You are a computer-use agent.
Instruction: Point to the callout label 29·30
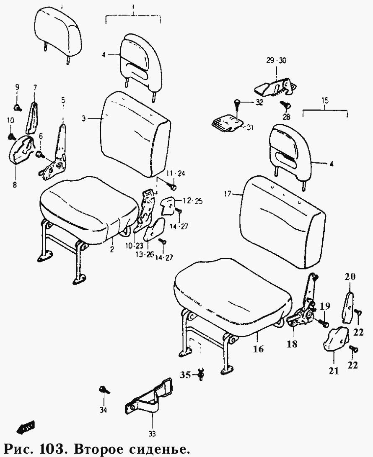[x=276, y=61]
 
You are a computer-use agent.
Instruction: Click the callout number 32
[x=259, y=103]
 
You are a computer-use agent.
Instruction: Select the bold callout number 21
[x=334, y=371]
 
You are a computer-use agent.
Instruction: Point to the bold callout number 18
[x=292, y=344]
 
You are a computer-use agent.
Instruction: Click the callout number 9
[x=17, y=87]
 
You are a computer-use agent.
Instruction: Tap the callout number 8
[x=15, y=184]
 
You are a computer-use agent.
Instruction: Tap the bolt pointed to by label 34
[x=103, y=390]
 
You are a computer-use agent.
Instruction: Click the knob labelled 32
[x=237, y=103]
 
